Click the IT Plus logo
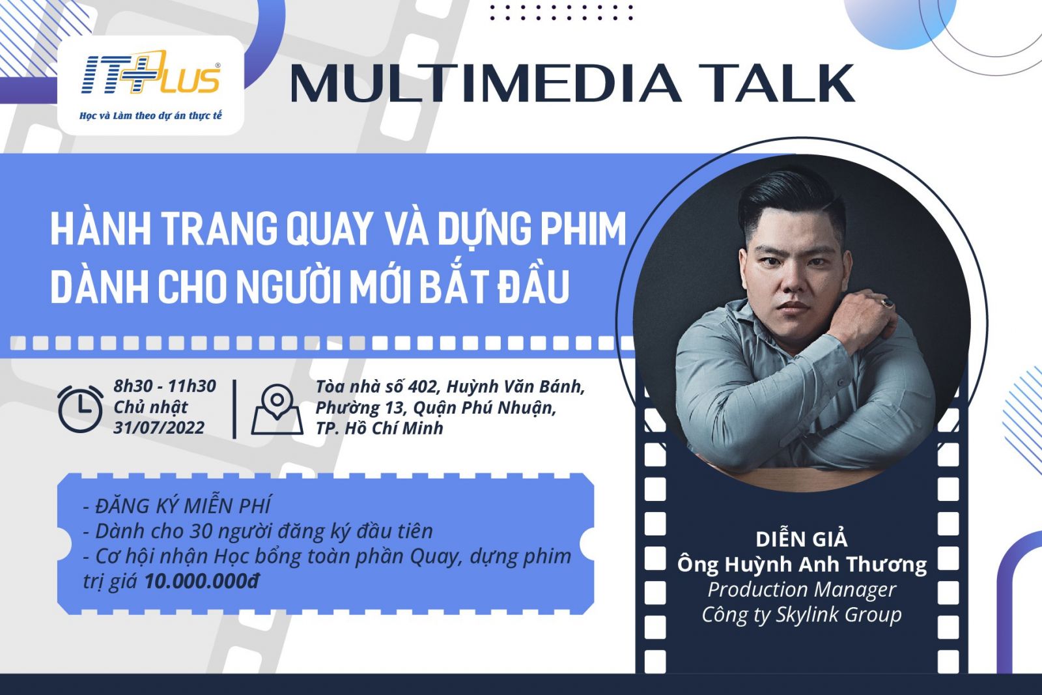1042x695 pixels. click(150, 74)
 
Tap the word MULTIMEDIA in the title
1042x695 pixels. click(485, 84)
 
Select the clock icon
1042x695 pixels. click(80, 409)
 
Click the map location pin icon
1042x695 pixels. click(277, 409)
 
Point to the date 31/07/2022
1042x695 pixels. click(159, 428)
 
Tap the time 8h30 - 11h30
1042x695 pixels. click(165, 386)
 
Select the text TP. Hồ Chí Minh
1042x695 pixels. click(380, 429)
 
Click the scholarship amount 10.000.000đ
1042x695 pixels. click(202, 582)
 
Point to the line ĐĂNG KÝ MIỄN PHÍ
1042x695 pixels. click(176, 506)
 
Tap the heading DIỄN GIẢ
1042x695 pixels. click(802, 539)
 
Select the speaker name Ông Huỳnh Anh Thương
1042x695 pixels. click(802, 565)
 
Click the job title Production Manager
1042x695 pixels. click(802, 590)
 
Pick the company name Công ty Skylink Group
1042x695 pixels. click(802, 615)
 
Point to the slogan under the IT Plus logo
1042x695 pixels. click(150, 116)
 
